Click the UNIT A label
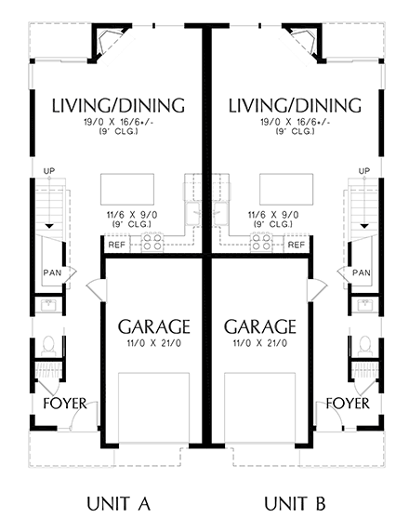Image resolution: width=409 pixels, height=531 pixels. click(118, 504)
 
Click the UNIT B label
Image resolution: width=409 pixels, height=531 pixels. click(295, 504)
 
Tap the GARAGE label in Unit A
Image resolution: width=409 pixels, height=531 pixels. click(153, 326)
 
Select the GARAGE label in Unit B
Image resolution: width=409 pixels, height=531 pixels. click(260, 326)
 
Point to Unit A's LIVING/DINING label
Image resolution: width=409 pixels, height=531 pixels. click(118, 105)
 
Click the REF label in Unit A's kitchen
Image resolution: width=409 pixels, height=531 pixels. click(117, 245)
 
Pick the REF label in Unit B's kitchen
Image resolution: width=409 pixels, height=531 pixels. click(297, 245)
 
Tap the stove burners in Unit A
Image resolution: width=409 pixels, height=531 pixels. click(152, 242)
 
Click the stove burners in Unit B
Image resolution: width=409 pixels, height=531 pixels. click(260, 242)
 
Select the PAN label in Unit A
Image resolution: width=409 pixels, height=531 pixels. click(52, 272)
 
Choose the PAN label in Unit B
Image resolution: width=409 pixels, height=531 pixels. click(362, 272)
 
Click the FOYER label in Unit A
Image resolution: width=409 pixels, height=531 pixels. click(65, 404)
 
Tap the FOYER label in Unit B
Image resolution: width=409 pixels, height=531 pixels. click(348, 404)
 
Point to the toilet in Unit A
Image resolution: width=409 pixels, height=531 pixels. click(48, 346)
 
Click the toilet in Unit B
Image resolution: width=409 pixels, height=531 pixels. click(365, 346)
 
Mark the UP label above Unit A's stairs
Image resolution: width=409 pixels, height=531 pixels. click(49, 171)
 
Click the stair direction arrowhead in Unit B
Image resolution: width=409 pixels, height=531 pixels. click(364, 226)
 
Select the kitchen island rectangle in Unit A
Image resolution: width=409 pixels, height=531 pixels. click(127, 190)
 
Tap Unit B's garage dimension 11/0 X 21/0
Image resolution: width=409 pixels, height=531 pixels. click(260, 343)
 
